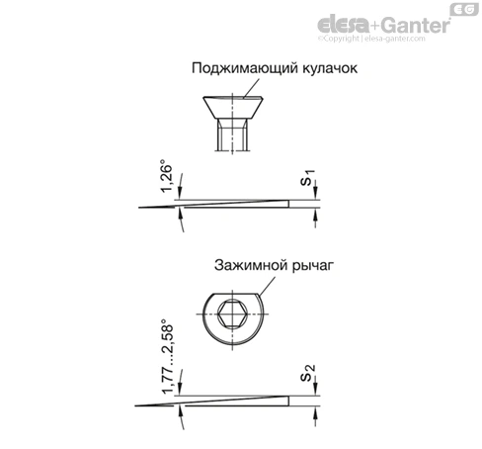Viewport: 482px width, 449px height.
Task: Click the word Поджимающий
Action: click(245, 68)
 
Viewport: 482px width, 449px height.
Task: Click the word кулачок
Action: click(330, 67)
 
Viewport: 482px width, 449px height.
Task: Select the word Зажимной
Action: click(251, 265)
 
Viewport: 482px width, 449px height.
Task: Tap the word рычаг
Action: click(313, 266)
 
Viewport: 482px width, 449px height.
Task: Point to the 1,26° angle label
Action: click(166, 175)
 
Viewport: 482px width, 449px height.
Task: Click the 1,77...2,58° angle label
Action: click(167, 356)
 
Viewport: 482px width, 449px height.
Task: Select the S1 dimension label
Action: click(308, 177)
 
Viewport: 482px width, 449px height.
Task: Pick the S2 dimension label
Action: click(308, 373)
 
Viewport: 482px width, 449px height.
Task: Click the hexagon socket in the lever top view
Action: click(232, 314)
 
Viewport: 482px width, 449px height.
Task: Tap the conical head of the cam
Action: click(232, 108)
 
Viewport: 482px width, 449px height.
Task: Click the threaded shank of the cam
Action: click(232, 135)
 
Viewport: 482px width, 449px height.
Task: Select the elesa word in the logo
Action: click(343, 25)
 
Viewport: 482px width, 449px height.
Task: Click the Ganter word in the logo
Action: click(416, 25)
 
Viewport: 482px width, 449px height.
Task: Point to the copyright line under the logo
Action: click(371, 39)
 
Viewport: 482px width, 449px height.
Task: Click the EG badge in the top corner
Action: click(464, 9)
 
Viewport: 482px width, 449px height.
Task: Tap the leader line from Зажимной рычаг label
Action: click(267, 286)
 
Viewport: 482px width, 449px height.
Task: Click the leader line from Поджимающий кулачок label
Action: click(252, 88)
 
